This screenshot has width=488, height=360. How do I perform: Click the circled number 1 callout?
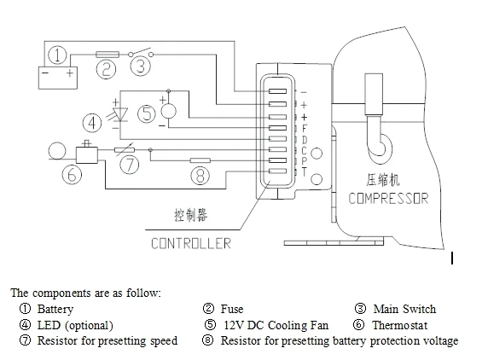point(57,56)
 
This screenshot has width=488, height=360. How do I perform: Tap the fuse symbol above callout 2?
point(107,53)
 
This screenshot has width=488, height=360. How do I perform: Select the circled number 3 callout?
point(142,65)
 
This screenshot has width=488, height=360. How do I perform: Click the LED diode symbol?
point(119,113)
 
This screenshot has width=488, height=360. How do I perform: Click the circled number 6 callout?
point(73,174)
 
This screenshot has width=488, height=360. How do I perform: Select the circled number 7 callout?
point(129,165)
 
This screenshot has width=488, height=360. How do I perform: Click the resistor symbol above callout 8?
point(200,159)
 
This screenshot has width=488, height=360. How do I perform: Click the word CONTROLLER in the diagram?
point(191,243)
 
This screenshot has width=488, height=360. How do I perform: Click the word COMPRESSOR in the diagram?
point(388,199)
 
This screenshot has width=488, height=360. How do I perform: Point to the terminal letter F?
point(304,128)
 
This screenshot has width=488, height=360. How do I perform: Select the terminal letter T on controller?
point(304,172)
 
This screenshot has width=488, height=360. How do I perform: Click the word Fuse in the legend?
point(231,309)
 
